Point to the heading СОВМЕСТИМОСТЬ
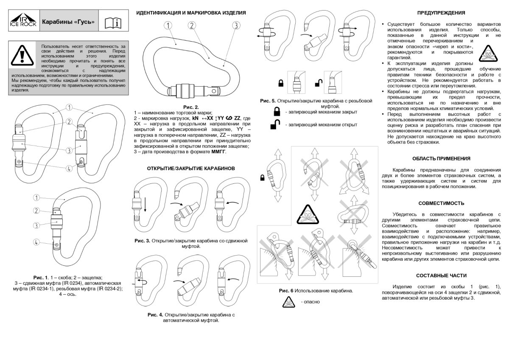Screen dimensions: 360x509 click(x=441, y=203)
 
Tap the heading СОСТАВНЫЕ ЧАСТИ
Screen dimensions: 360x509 click(x=441, y=276)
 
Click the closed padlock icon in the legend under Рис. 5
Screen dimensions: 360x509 click(x=277, y=112)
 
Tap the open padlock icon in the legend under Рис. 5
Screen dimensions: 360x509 click(x=276, y=125)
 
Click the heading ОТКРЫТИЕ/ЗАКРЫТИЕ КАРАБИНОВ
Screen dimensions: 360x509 click(x=190, y=169)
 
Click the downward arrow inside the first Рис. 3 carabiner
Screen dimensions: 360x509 click(x=145, y=204)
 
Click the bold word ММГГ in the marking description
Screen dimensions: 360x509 click(x=218, y=152)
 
